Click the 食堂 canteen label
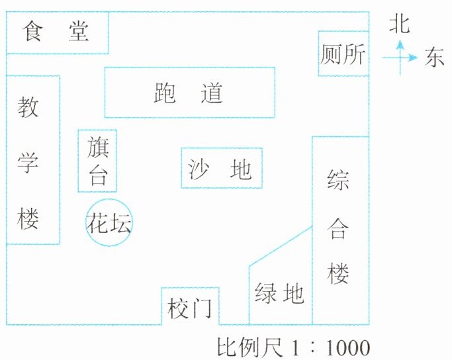coord(56,31)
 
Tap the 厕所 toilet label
coord(343,54)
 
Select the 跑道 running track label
coord(189,93)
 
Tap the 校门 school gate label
coord(190,308)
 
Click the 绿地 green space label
coord(279,293)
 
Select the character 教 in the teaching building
coord(28,107)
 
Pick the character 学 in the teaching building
coord(28,163)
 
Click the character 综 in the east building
coord(338,180)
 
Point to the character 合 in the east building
coord(338,229)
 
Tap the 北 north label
coord(400,24)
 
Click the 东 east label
coord(434,58)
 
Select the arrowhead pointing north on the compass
coord(400,46)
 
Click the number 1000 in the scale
coord(348,348)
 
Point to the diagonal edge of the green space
coord(281,246)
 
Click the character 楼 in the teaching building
coord(28,219)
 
